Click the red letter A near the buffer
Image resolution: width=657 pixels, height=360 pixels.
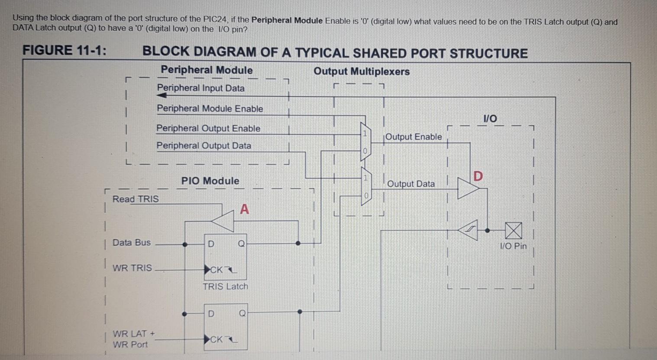245,210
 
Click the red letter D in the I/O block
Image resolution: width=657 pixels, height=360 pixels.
478,176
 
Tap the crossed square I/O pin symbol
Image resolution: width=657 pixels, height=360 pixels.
513,230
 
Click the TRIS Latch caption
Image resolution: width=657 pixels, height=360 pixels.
225,286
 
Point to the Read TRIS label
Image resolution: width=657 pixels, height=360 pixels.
136,199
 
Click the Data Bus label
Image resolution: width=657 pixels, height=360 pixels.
132,243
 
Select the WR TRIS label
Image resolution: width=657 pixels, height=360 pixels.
132,268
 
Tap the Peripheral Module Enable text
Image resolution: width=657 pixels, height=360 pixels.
210,109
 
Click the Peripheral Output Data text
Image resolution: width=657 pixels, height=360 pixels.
204,146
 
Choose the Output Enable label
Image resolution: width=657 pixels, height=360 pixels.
414,137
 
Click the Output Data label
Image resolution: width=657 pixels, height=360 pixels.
411,184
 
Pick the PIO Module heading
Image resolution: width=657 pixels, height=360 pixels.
210,181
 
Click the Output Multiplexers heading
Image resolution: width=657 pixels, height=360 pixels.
362,71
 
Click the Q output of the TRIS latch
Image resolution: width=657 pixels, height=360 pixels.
241,244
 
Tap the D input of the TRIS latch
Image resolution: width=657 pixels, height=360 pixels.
211,244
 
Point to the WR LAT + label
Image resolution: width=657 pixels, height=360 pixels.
133,334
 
